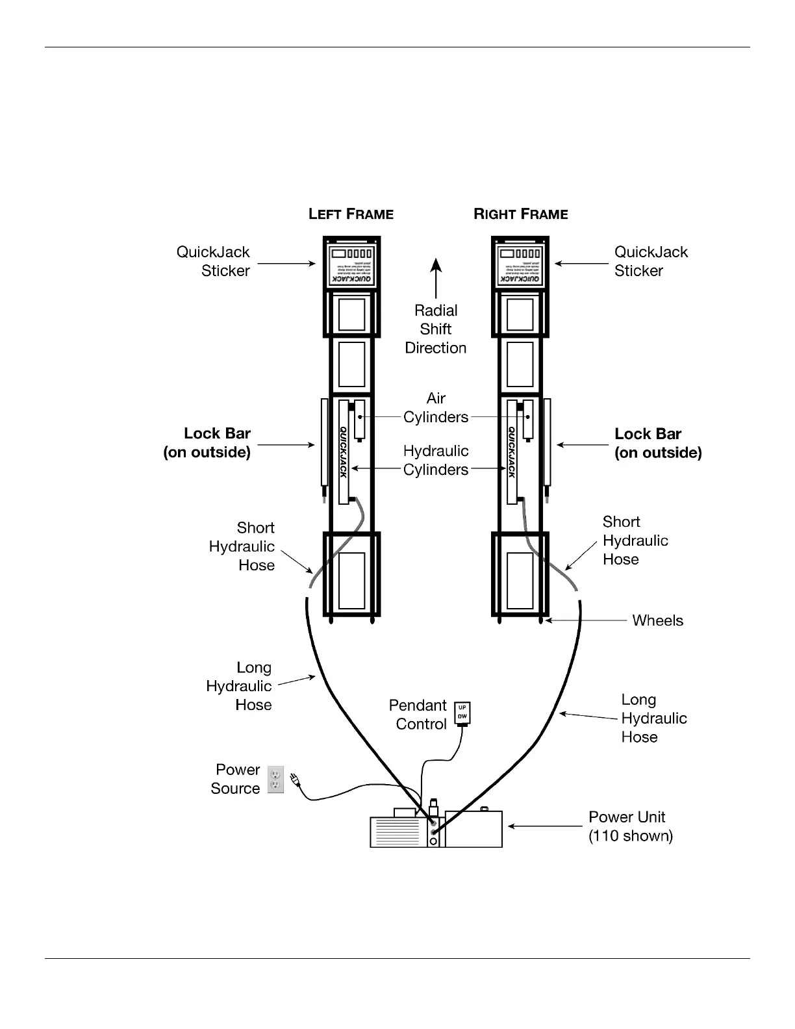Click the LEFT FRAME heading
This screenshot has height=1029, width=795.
(351, 214)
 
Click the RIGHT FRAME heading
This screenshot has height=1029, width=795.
(521, 214)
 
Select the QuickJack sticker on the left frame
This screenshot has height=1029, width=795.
(351, 264)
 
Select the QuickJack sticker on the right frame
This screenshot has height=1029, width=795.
(520, 264)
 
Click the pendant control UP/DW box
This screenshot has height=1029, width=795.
(462, 713)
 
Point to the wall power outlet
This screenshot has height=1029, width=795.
(276, 780)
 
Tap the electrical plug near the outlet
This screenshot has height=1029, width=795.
(295, 779)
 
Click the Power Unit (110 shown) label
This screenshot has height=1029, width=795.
(630, 826)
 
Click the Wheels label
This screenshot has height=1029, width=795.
(657, 620)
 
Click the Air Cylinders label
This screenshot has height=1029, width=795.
(436, 407)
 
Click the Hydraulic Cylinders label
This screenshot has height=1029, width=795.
(436, 460)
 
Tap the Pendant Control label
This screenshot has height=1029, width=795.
(418, 715)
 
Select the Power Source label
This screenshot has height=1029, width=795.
(236, 779)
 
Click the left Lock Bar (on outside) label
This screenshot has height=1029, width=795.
(207, 443)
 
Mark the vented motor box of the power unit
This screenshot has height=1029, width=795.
(397, 832)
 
